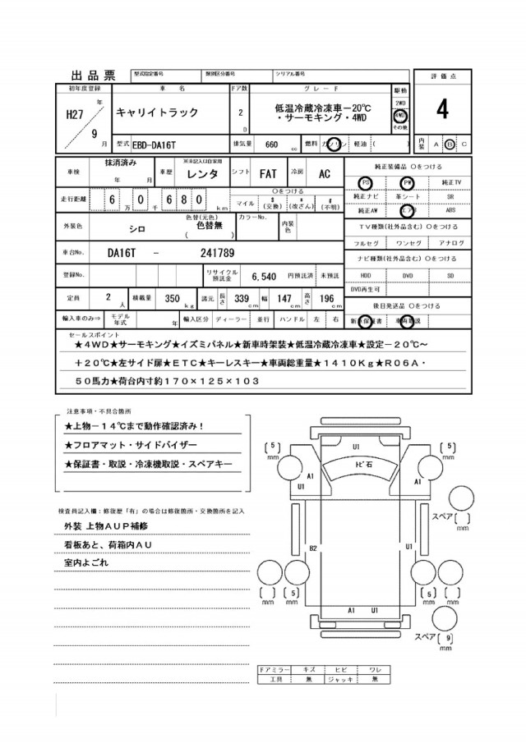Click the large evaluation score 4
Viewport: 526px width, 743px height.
[x=442, y=108]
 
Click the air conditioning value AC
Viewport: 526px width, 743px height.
[x=324, y=174]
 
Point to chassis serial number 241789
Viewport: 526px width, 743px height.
[x=217, y=254]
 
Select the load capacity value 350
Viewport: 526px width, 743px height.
[x=172, y=299]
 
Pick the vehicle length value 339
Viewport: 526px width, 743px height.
[x=242, y=299]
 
